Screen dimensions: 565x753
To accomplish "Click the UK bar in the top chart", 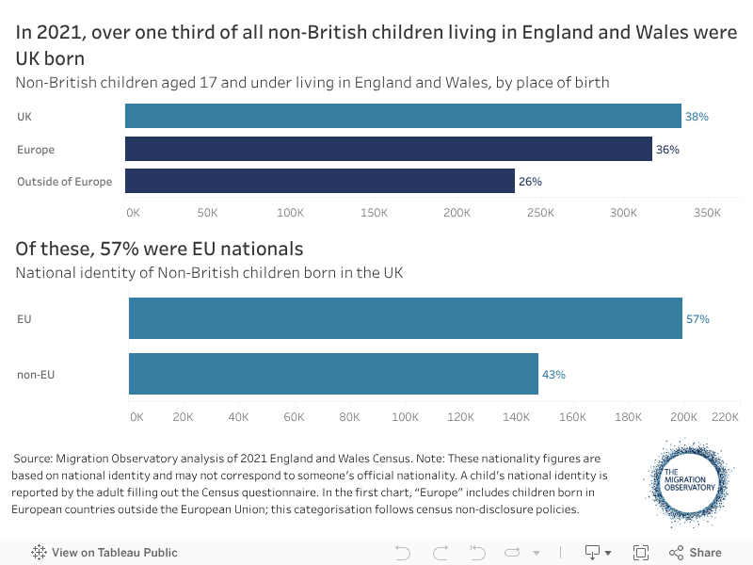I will pos(403,116).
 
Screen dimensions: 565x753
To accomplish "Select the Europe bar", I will pos(388,149).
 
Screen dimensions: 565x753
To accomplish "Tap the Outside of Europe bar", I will pos(320,181).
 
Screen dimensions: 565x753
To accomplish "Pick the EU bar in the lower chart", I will pos(405,318).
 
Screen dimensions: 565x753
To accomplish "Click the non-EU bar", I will pos(333,374).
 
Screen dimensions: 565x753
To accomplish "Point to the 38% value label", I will pos(697,117).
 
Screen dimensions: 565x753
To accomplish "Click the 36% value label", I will pos(667,150).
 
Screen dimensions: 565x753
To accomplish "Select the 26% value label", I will pos(530,182).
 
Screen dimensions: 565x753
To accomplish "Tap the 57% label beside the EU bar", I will pos(697,319).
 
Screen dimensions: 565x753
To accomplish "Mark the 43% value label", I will pos(553,375).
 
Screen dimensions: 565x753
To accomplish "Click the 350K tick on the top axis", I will pos(707,213).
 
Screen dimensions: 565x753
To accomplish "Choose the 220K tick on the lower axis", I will pos(726,416).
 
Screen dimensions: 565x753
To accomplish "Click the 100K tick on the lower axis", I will pos(405,416).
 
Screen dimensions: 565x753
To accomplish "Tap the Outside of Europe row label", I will pos(64,182).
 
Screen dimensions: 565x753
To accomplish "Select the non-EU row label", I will pos(36,375).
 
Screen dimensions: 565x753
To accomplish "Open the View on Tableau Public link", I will pos(104,553).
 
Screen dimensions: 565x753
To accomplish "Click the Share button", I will pos(696,553).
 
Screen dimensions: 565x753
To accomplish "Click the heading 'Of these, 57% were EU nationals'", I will pos(159,249).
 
